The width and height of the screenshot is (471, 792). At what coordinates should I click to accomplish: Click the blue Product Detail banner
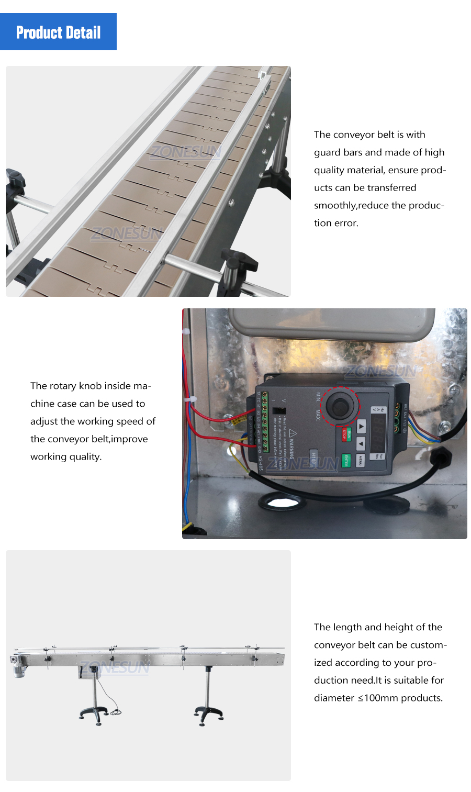[58, 32]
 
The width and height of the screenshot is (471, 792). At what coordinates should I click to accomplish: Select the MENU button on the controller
[361, 460]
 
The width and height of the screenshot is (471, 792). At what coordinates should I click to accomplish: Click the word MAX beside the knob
[317, 415]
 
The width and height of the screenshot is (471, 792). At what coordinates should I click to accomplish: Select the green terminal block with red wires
[265, 421]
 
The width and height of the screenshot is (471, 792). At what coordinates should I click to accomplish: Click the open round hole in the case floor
[283, 504]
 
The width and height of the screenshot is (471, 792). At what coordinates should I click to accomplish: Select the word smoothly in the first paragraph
[335, 205]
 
